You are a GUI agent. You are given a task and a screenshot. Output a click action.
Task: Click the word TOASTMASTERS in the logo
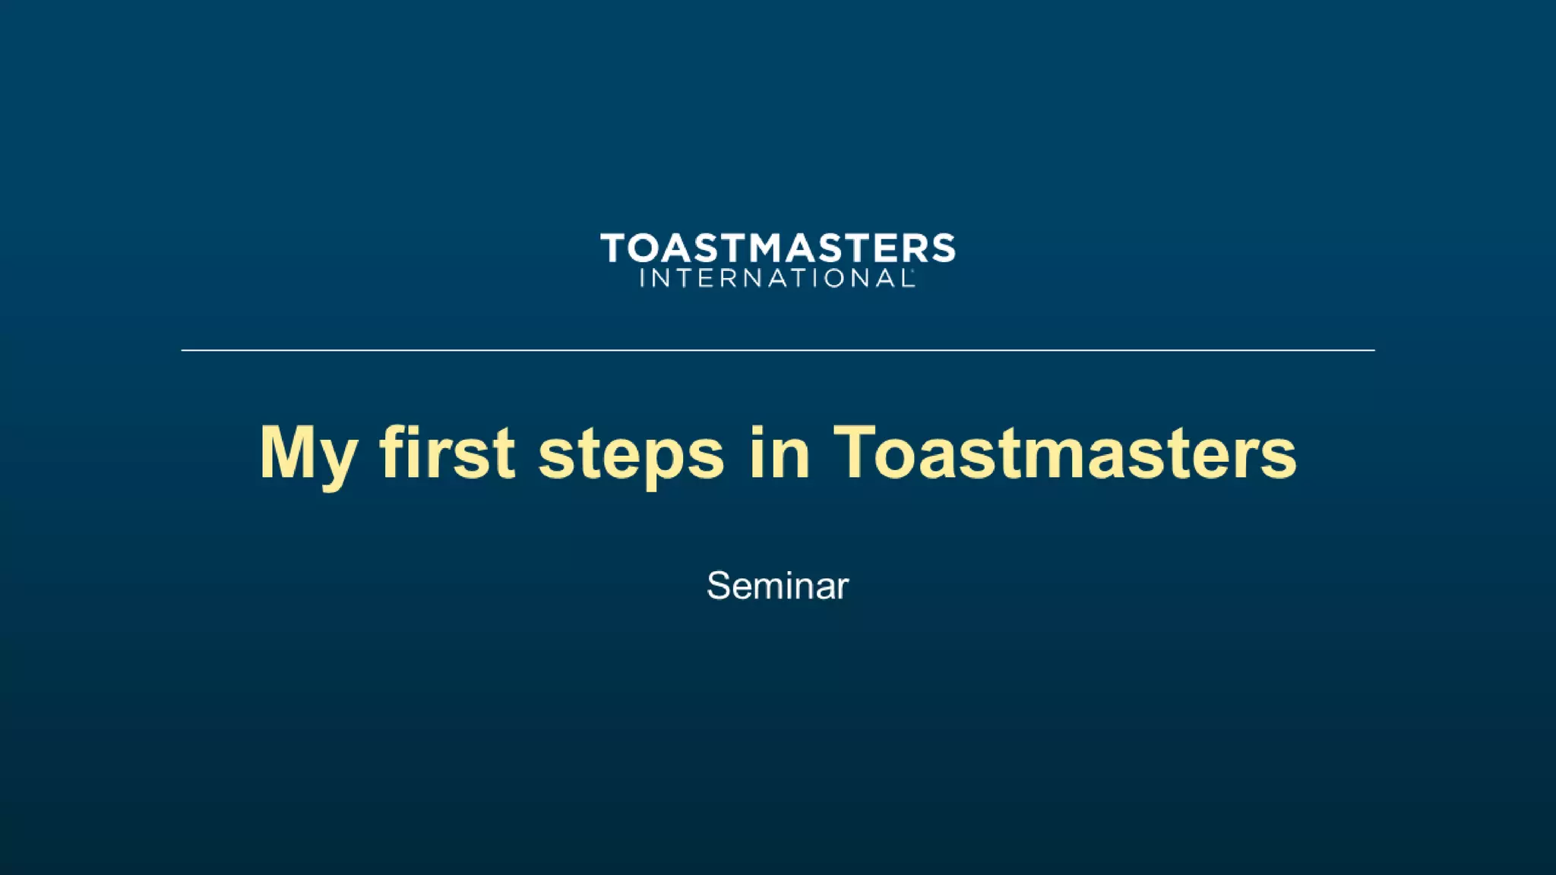pos(777,248)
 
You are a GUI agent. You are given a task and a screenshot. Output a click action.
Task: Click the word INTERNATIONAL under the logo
pos(776,279)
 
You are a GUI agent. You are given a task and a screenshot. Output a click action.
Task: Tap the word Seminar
pos(777,586)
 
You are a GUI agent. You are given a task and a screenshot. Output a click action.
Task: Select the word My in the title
pos(308,453)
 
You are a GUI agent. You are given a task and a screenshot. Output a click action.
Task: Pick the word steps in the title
pos(631,454)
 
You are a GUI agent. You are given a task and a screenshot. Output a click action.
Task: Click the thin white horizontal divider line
pos(778,350)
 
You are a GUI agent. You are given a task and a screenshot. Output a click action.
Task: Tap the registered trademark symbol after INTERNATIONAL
pos(914,270)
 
